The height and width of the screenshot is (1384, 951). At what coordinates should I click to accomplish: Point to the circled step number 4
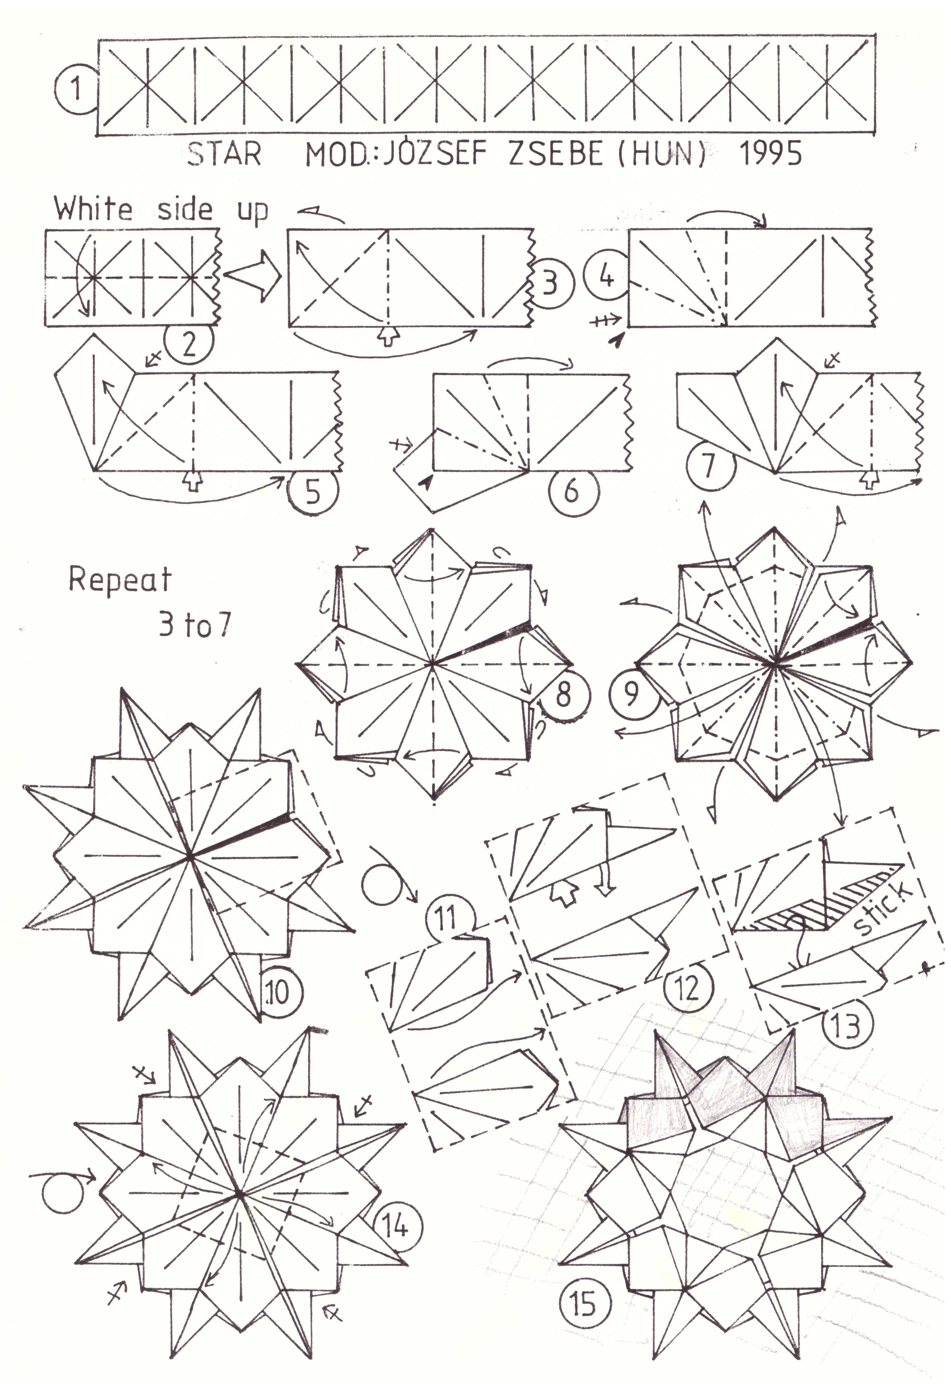(x=607, y=277)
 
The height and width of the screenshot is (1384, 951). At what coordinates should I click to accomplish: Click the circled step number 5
(x=313, y=492)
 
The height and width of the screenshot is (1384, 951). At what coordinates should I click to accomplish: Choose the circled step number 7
(x=708, y=466)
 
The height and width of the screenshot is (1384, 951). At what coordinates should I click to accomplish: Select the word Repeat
(x=121, y=579)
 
